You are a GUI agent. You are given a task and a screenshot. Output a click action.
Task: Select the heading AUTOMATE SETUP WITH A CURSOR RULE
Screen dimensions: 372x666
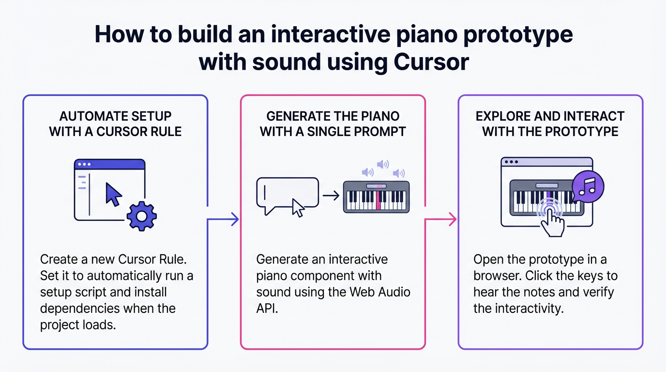coord(115,124)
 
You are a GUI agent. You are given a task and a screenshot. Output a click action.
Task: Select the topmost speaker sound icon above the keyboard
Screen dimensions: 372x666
coord(383,165)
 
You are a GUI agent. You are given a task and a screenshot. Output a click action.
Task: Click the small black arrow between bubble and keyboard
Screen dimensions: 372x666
coord(331,196)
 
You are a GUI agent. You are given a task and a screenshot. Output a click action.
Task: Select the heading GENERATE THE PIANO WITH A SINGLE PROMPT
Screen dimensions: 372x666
coord(333,124)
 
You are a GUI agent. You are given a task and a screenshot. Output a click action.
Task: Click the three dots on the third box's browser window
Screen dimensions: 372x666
coord(511,162)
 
